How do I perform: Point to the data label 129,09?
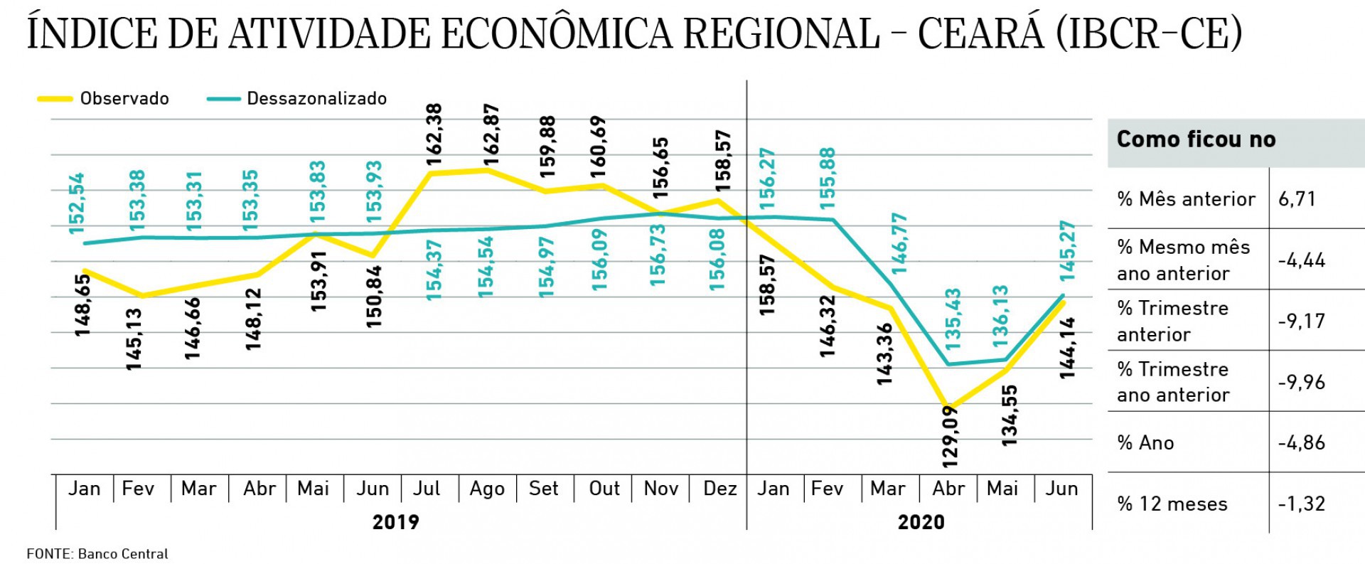tap(950, 436)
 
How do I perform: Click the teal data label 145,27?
tap(1067, 251)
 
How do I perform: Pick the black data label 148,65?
tap(83, 305)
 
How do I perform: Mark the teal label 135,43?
tap(953, 318)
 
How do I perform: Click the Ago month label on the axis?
tap(487, 489)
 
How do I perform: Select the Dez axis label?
tap(719, 489)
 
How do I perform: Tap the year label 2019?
tap(396, 522)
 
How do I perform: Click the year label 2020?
tap(921, 522)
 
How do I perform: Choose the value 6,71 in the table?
tap(1297, 198)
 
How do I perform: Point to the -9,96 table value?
tap(1301, 382)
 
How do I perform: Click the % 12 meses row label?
tap(1172, 504)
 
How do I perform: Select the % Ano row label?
tap(1145, 442)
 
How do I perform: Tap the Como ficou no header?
tap(1196, 139)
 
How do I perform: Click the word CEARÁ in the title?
tap(980, 33)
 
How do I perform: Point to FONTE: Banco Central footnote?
tap(97, 554)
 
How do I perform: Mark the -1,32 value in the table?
tap(1301, 504)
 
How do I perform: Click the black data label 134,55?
tap(1010, 415)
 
